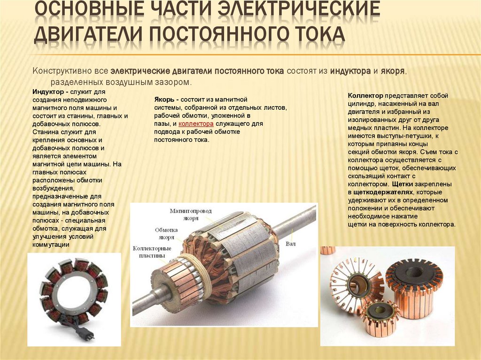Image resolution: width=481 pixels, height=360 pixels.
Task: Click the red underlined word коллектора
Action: [x=196, y=124]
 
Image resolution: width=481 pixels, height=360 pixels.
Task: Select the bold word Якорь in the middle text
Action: [x=164, y=100]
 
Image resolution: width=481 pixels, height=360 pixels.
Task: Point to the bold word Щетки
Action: [x=402, y=184]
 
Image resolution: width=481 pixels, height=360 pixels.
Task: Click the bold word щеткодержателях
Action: [x=383, y=192]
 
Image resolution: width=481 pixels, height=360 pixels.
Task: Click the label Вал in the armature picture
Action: [x=290, y=244]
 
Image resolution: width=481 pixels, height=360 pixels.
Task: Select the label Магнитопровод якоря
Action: [x=191, y=214]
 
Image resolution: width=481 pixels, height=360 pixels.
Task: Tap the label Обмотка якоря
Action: [x=166, y=233]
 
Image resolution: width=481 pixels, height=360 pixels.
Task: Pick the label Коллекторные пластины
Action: [x=152, y=252]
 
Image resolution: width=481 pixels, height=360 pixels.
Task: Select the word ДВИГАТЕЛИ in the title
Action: [x=88, y=35]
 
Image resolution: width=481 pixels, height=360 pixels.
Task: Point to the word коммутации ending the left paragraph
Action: [x=51, y=245]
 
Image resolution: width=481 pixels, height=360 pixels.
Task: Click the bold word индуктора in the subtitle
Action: [x=350, y=71]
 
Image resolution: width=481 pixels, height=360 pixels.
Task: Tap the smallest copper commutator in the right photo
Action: [x=379, y=317]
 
